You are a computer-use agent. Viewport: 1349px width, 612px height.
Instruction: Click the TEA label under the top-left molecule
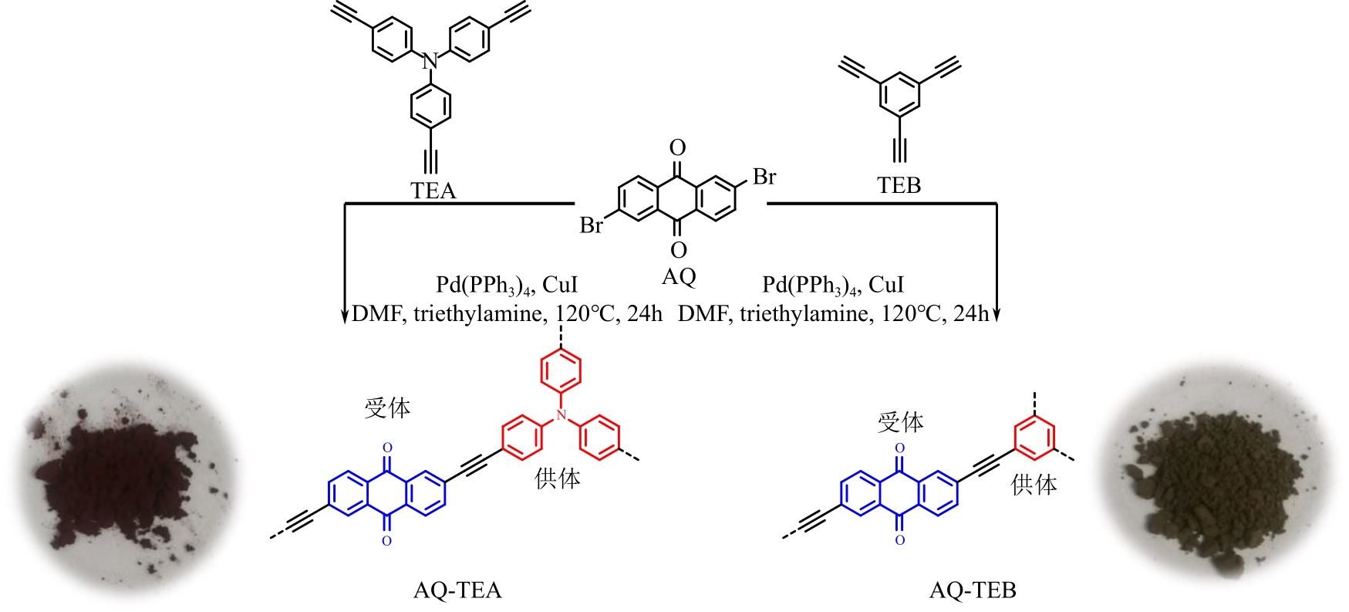pyautogui.click(x=433, y=191)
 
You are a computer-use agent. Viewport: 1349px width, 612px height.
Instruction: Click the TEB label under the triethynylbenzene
pyautogui.click(x=899, y=185)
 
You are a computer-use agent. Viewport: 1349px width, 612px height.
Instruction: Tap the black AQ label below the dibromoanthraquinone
pyautogui.click(x=679, y=276)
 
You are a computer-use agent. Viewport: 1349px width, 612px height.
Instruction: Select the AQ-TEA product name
pyautogui.click(x=457, y=590)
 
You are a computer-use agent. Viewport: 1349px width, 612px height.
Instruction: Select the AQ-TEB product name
pyautogui.click(x=973, y=590)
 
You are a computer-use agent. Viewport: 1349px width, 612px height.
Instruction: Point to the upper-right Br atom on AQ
pyautogui.click(x=764, y=178)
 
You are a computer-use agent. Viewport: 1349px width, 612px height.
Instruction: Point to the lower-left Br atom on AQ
pyautogui.click(x=592, y=225)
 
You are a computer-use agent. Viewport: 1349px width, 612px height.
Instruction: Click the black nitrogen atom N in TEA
pyautogui.click(x=430, y=61)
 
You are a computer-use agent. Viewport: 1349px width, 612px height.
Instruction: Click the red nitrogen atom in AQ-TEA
pyautogui.click(x=562, y=416)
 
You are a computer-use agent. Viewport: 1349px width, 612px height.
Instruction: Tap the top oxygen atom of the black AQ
pyautogui.click(x=678, y=147)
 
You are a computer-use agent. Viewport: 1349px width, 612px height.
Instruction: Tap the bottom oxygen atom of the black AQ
pyautogui.click(x=678, y=249)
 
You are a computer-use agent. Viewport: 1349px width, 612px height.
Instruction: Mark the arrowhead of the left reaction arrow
pyautogui.click(x=345, y=316)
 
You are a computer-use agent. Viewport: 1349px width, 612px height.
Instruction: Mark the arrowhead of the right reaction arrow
pyautogui.click(x=997, y=315)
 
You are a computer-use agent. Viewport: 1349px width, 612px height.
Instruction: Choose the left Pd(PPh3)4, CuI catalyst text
pyautogui.click(x=506, y=285)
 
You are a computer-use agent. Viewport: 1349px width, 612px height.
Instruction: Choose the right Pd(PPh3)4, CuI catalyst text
pyautogui.click(x=832, y=285)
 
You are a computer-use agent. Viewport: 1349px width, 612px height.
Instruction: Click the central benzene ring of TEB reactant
pyautogui.click(x=899, y=96)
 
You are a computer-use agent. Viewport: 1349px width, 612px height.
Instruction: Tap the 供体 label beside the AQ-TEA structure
pyautogui.click(x=557, y=478)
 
